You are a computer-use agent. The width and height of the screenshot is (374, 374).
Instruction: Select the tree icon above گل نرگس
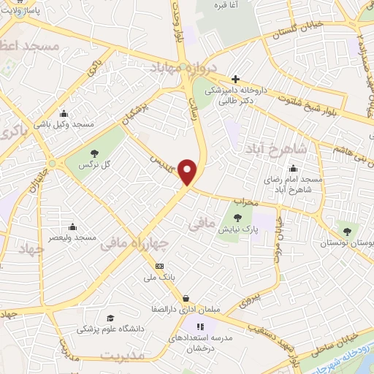[x=94, y=153]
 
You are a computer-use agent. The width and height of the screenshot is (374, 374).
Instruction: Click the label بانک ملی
[x=159, y=278]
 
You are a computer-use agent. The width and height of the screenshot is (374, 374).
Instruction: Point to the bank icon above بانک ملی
[x=160, y=266]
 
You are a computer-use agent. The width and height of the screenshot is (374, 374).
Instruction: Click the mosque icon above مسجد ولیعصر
[x=73, y=227]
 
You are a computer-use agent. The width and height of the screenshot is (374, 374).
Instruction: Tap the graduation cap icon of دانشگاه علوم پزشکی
[x=110, y=318]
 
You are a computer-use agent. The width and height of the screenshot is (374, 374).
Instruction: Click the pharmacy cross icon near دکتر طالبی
[x=234, y=79]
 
